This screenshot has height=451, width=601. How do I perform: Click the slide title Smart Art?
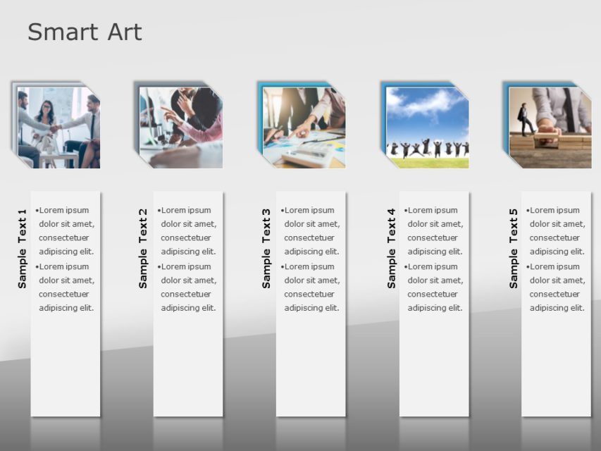point(85,32)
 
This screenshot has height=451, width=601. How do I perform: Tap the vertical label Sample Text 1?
point(22,248)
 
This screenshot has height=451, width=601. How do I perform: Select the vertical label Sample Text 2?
point(143,248)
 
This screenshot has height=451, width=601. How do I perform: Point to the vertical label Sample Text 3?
point(266,248)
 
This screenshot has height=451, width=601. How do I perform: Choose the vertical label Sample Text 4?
point(391,248)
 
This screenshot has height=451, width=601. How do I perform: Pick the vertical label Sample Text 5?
point(513,248)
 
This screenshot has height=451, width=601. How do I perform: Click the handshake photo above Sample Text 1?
point(58,128)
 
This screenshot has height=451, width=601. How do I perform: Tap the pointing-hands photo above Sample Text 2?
point(181,128)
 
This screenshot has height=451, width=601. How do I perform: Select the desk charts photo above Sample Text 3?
point(304,128)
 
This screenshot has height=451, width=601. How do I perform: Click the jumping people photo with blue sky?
point(427,128)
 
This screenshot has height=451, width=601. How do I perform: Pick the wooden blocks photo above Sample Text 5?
point(550,128)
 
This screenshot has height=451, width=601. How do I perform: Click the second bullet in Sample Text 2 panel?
point(188,287)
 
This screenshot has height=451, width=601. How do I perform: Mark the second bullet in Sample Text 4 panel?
point(434,287)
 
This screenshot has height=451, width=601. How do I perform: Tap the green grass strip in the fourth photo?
point(427,163)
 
